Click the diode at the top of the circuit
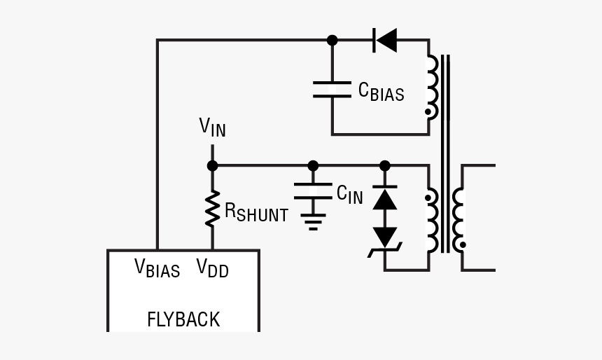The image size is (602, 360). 385,40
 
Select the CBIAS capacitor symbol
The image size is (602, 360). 332,89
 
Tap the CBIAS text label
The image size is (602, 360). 381,91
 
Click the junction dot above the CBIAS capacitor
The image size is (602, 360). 332,40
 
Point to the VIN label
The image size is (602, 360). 212,127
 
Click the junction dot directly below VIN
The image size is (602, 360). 212,166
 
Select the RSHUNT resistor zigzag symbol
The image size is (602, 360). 212,208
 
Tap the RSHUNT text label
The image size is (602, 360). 256,213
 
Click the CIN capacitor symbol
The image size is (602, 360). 313,191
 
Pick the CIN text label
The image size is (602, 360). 349,194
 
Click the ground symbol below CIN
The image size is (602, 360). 313,222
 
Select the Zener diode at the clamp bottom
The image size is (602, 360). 384,239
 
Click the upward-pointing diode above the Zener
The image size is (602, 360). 384,200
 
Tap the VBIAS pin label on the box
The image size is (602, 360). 157,269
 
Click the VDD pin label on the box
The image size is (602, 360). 211,269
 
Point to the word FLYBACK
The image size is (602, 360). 183,320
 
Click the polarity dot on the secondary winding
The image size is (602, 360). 463,245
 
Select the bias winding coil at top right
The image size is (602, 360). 432,85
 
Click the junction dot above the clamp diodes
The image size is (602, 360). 384,166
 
